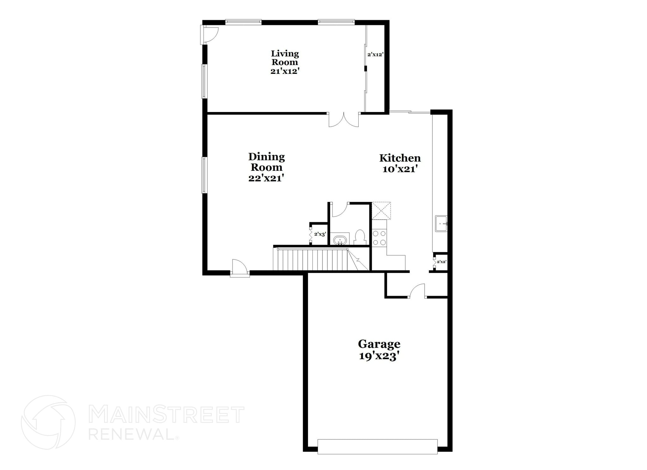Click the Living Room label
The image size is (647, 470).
point(285,58)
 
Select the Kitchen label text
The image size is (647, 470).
point(400,158)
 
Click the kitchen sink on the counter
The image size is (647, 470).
point(441,223)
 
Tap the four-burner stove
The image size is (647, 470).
point(379,238)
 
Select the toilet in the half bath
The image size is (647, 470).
point(360,237)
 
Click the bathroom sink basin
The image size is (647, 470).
point(340,240)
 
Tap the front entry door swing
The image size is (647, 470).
point(239,268)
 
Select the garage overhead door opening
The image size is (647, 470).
point(378,446)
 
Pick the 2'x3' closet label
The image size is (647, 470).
point(320,234)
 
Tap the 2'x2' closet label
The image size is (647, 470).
point(441,262)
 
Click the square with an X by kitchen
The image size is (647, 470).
point(381,211)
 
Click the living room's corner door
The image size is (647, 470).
point(209,35)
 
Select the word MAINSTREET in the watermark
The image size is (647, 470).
point(166,415)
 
